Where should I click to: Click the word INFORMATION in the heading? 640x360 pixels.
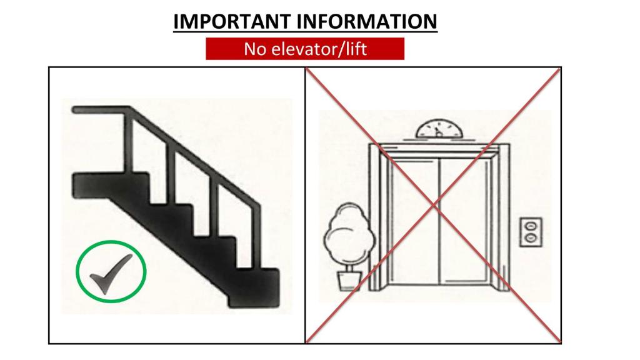tap(367, 22)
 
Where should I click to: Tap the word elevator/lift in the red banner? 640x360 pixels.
tap(319, 49)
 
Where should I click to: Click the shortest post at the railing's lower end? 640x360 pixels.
tap(256, 236)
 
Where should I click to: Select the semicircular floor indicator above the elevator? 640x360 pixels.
tap(439, 129)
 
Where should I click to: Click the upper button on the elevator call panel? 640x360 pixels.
tap(530, 226)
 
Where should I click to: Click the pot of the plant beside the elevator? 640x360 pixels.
tap(349, 281)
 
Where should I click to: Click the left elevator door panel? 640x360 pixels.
tap(414, 221)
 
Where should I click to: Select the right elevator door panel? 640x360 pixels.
tap(464, 221)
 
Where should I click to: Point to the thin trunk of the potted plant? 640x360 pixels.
tap(349, 268)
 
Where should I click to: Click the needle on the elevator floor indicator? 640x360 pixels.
tap(437, 132)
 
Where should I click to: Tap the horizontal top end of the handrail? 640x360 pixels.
tap(101, 110)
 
